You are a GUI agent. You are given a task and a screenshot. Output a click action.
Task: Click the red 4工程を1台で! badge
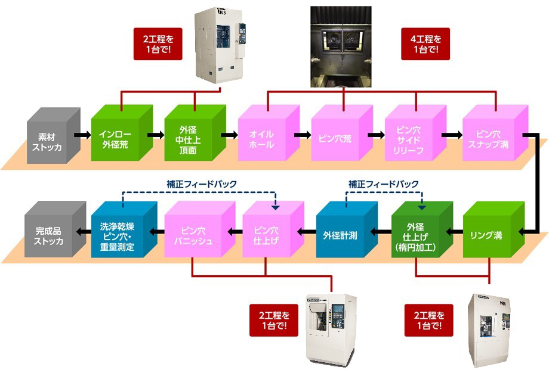click(425, 44)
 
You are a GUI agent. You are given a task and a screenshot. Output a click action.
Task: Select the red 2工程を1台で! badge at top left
click(158, 44)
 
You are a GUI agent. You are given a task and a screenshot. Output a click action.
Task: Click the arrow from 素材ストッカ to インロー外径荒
click(82, 135)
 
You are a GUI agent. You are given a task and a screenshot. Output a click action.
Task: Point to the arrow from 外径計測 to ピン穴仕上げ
click(307, 231)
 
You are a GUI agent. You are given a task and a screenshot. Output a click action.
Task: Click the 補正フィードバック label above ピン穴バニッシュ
click(202, 184)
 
